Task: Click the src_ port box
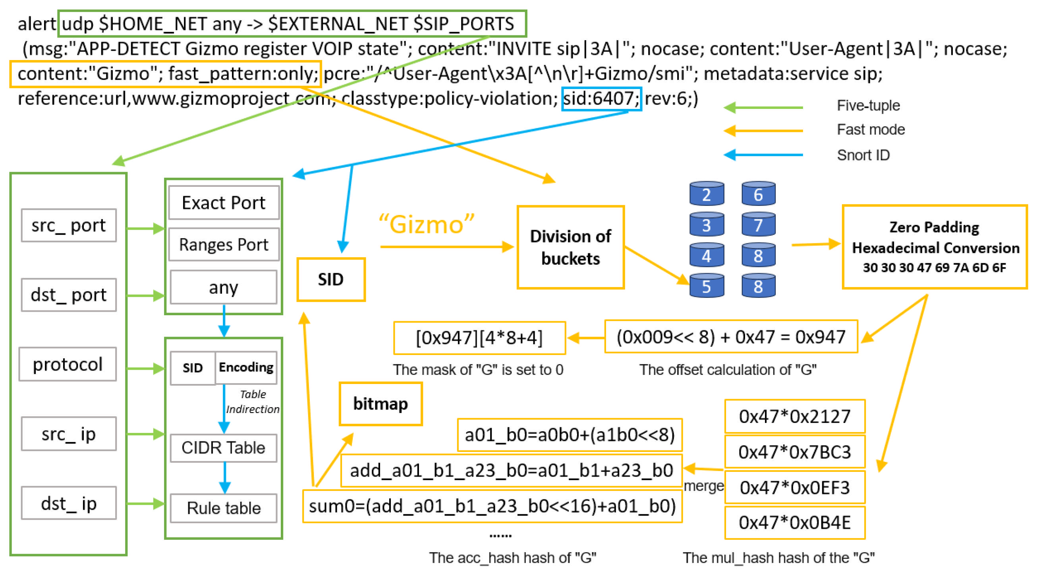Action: click(x=68, y=225)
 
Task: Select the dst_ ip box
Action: click(x=68, y=503)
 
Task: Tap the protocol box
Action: click(x=68, y=364)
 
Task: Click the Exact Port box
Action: click(x=224, y=203)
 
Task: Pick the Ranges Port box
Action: click(x=224, y=244)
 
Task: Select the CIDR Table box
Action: click(x=224, y=448)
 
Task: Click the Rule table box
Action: click(x=224, y=508)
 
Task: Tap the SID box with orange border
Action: click(x=331, y=279)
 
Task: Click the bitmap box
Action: click(x=380, y=403)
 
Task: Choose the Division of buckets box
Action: click(x=570, y=247)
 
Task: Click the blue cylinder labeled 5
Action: click(x=707, y=285)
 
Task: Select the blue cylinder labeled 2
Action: click(x=707, y=194)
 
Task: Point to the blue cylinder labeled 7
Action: click(x=759, y=224)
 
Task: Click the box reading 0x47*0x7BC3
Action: click(x=795, y=452)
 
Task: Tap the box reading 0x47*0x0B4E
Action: click(x=795, y=522)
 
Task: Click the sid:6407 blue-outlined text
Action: click(x=601, y=99)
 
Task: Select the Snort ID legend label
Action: click(x=863, y=155)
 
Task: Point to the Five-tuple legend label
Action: click(x=868, y=105)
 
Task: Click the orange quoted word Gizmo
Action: click(x=427, y=224)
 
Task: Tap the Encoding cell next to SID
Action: click(x=246, y=367)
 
